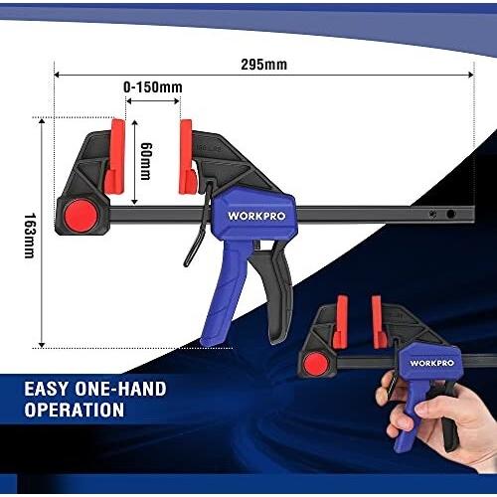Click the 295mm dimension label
point(263,65)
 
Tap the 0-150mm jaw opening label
point(153,87)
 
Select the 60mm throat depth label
point(146,161)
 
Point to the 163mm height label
point(30,236)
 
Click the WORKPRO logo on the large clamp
point(256,216)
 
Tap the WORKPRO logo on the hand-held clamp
point(431,363)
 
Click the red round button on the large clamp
point(82,216)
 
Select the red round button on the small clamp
point(316,365)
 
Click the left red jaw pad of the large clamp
point(115,157)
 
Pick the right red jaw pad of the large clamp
point(187,157)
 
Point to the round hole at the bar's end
point(450,214)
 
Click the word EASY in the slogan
point(47,389)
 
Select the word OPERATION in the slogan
point(75,410)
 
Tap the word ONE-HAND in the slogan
point(120,389)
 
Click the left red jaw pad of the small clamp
point(341,322)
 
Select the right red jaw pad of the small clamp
point(378,322)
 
